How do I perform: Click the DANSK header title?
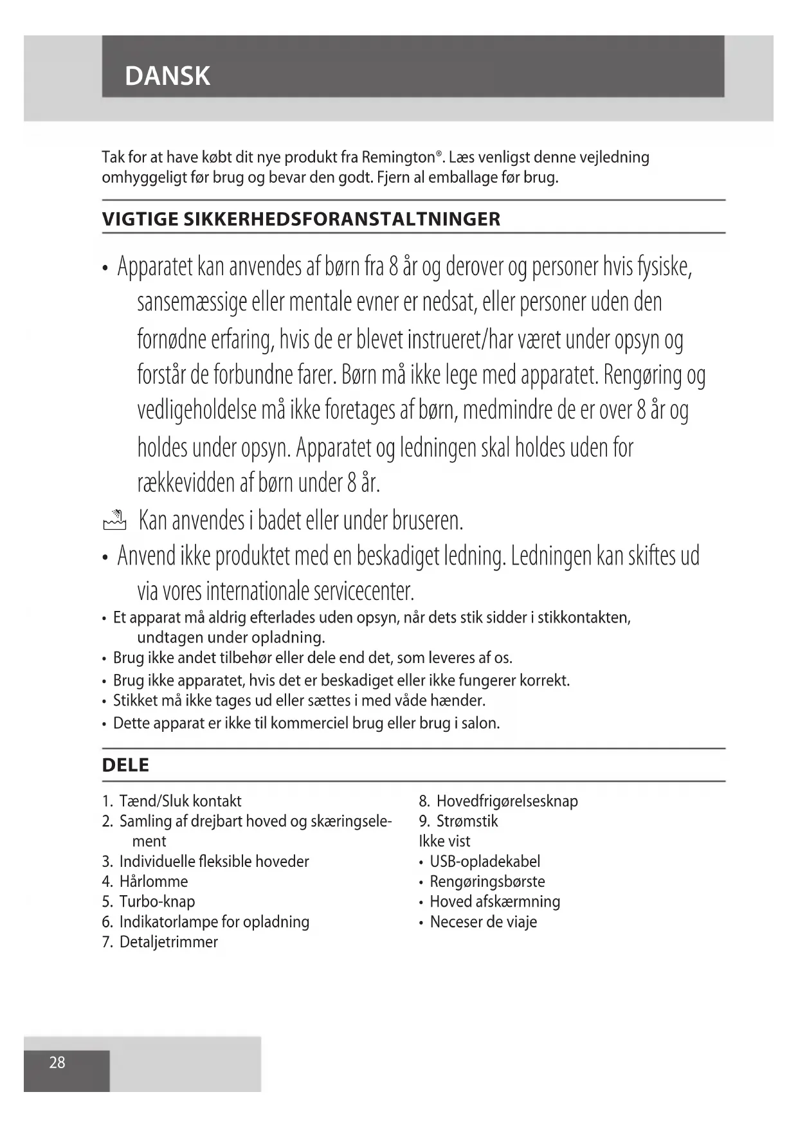point(167,76)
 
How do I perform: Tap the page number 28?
point(57,1062)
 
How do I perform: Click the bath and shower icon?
point(114,520)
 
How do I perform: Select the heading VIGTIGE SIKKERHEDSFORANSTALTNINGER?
point(301,219)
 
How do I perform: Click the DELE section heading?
point(125,765)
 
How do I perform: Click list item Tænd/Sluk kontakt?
point(180,801)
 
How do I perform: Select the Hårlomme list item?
point(153,881)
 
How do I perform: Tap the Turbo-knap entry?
point(157,901)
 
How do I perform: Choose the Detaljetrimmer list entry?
point(168,942)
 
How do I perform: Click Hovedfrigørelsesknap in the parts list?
point(507,801)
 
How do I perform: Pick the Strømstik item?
point(467,821)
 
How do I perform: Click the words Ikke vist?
point(444,841)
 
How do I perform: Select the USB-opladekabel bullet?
point(485,861)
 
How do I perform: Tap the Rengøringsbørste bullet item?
point(487,881)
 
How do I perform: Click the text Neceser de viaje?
point(483,922)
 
